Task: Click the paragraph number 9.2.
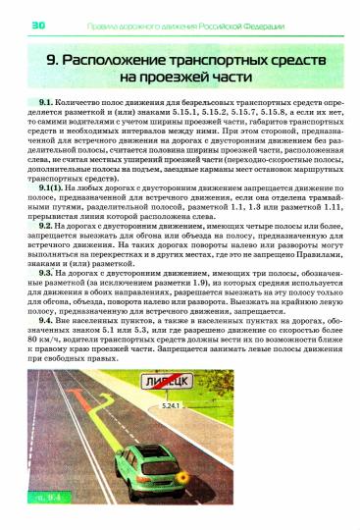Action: [46, 225]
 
